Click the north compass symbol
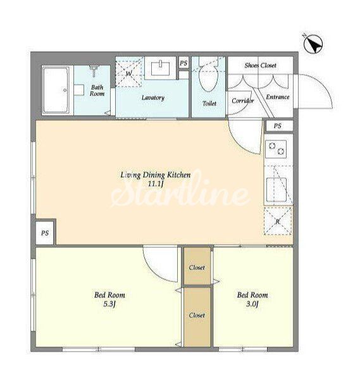(313, 44)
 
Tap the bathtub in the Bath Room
(56, 90)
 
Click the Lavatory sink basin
(161, 68)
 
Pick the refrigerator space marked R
(278, 221)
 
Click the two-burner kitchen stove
(276, 149)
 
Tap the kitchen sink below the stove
(276, 190)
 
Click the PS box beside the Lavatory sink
(183, 63)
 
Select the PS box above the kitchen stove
(278, 126)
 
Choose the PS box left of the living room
(45, 233)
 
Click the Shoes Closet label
(260, 65)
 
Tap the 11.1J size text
(156, 184)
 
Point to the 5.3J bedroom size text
(109, 304)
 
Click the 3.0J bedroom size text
(252, 304)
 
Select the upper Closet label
(197, 267)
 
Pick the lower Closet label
(197, 315)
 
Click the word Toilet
(209, 103)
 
